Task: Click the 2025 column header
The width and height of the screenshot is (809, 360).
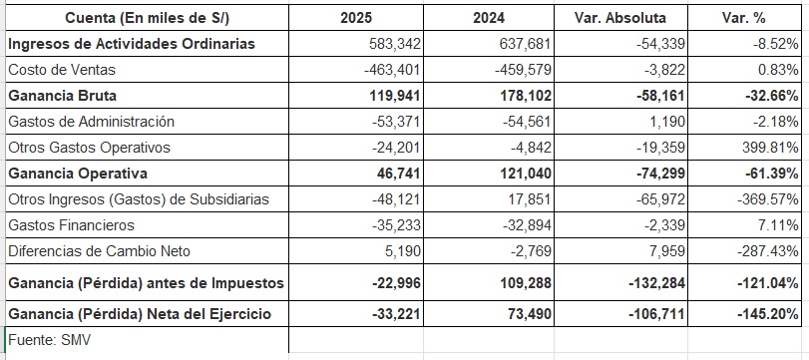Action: point(355,18)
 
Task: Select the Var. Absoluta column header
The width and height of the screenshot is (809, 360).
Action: point(620,18)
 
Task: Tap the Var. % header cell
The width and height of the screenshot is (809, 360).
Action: point(743,18)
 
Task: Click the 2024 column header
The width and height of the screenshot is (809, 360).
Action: point(489,18)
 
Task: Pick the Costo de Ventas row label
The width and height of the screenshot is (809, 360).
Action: point(62,70)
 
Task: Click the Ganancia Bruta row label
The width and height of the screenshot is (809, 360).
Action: point(63,96)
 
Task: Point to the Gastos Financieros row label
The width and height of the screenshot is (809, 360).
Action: point(71,225)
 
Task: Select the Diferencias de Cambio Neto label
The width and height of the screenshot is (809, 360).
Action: point(99,251)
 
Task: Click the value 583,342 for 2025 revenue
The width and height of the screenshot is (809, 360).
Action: point(395,44)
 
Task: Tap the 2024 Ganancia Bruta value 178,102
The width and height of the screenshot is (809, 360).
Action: point(526,96)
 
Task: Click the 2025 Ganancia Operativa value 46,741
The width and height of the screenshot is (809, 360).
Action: point(398,174)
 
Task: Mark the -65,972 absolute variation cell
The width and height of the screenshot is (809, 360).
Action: point(660,199)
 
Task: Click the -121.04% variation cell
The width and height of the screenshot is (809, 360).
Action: point(766,283)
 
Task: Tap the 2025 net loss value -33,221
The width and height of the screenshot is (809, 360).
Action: point(396,313)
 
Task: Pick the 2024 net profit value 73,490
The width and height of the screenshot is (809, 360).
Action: point(530,313)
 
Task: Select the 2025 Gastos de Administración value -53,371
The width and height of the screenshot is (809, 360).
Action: point(396,122)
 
